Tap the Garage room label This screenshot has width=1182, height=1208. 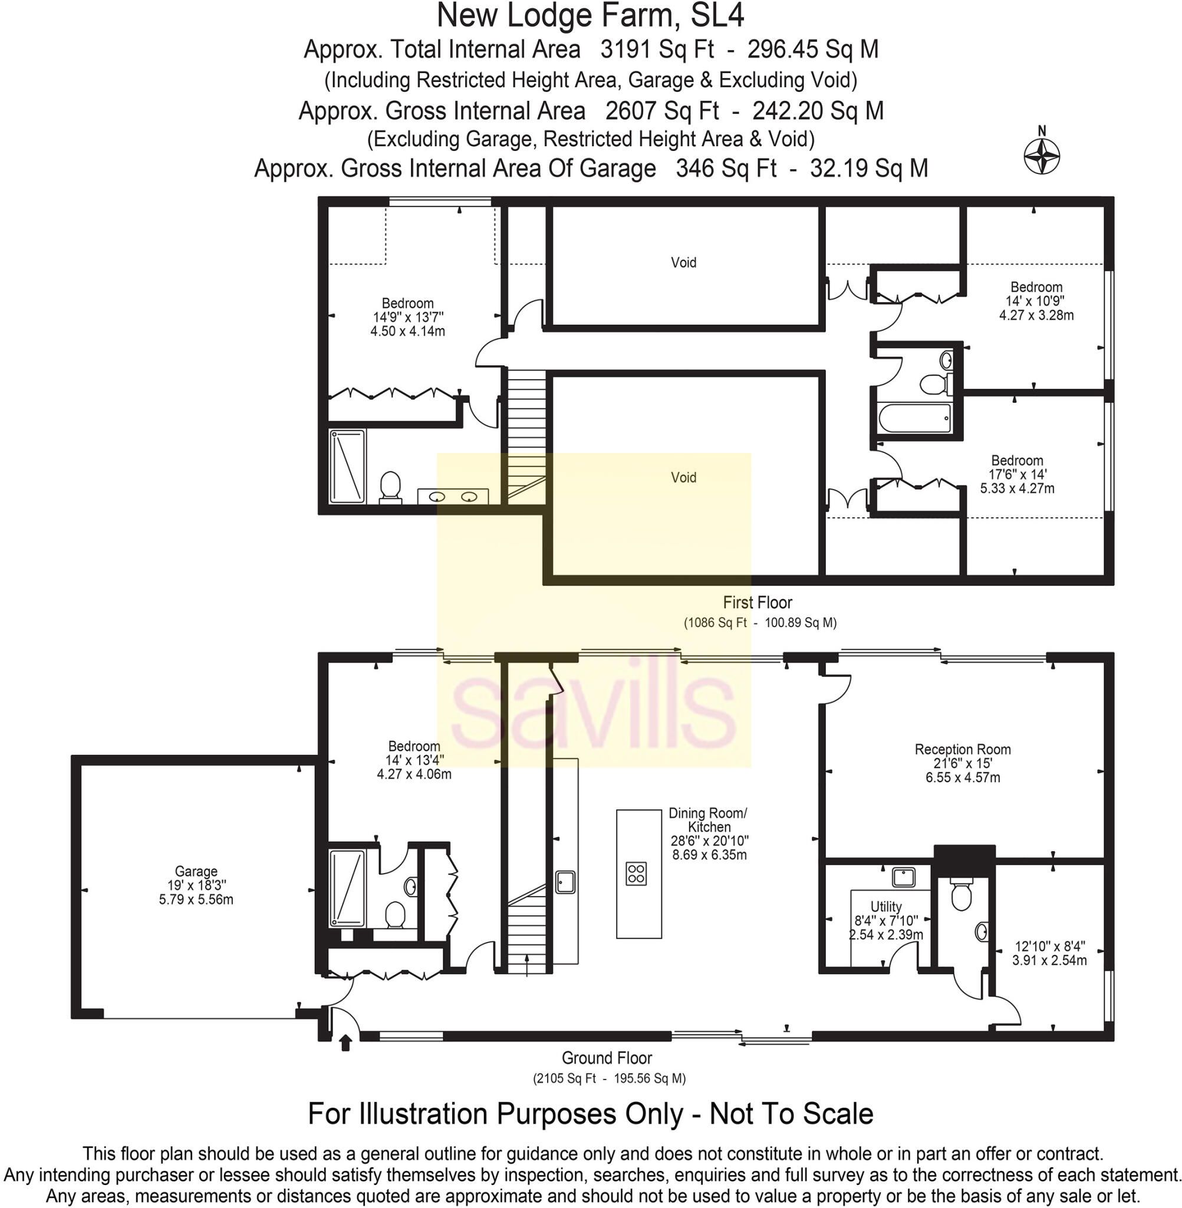196,871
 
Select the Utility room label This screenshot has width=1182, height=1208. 886,906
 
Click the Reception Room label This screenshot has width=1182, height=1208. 963,750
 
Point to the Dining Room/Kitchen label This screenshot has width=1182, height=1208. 709,820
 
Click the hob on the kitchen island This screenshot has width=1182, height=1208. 636,872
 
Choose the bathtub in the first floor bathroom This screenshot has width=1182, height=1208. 915,418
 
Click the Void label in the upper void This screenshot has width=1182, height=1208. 683,262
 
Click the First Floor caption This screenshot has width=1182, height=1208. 758,602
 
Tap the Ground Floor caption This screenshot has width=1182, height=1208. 607,1058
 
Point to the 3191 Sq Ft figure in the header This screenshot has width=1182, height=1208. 657,49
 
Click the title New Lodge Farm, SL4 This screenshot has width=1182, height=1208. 590,15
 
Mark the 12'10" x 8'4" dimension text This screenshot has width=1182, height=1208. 1050,946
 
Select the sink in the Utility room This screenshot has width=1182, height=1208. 904,878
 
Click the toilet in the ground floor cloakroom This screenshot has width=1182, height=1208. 961,893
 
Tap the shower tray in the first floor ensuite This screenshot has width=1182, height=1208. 347,466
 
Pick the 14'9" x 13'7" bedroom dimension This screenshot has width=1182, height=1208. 408,317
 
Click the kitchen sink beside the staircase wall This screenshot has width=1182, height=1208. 565,882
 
